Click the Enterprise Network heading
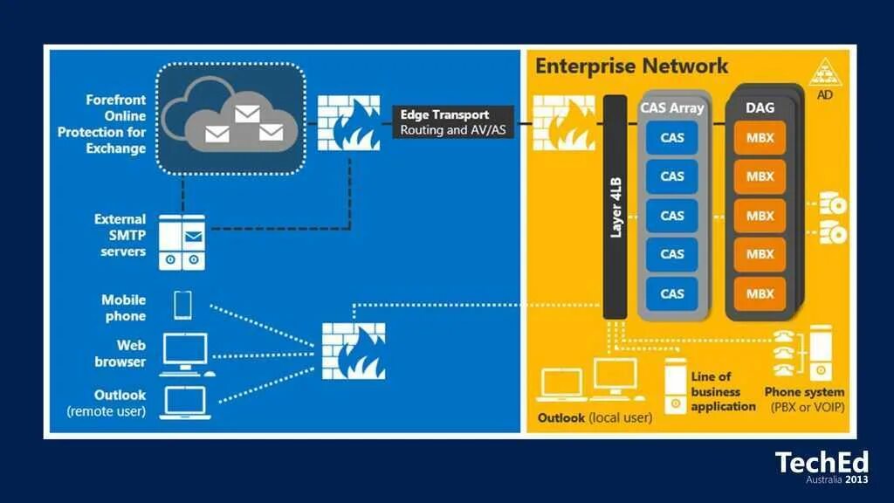630,65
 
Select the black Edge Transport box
445,122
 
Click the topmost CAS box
671,136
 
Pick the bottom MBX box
760,293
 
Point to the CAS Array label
671,108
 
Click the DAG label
760,108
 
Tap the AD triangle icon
824,72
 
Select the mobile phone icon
183,305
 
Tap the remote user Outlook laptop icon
184,402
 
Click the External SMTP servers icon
182,242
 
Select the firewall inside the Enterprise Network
564,121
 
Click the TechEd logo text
822,463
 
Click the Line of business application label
723,391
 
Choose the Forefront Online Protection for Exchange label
102,124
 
